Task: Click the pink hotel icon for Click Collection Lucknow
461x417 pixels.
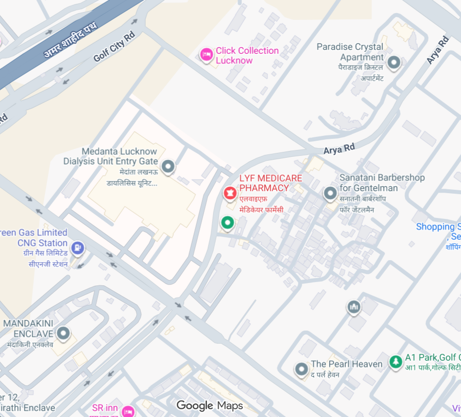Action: point(206,54)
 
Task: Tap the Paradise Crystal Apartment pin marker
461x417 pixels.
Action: point(394,63)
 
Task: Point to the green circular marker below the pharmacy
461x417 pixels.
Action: point(227,223)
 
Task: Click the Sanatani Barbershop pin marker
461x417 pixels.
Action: point(330,194)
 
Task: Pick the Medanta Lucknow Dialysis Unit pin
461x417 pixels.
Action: point(168,167)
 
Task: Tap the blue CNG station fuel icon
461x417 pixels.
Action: point(77,249)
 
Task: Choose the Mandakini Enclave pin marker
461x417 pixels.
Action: point(63,334)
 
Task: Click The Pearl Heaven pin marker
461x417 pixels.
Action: point(302,369)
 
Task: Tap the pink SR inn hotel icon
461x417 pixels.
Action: point(128,411)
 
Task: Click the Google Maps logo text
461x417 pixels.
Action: point(209,406)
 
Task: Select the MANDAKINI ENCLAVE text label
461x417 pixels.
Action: point(28,329)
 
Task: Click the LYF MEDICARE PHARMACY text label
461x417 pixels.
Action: point(270,183)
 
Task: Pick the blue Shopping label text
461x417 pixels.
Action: point(438,227)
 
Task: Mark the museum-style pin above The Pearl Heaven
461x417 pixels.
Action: point(353,307)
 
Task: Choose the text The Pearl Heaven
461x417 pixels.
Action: point(340,364)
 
